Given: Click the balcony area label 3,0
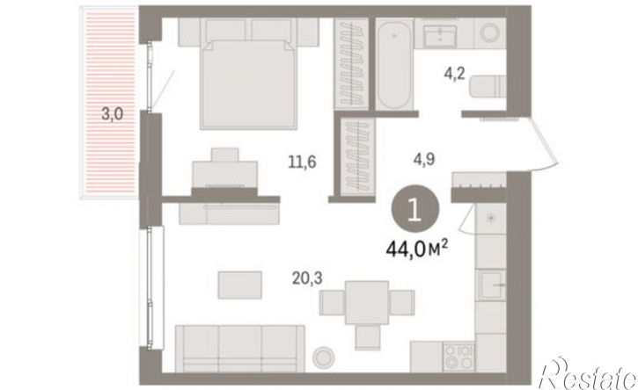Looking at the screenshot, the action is [x=112, y=114].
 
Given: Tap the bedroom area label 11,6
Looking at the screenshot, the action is [x=303, y=162].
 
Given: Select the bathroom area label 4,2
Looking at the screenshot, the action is [x=454, y=75].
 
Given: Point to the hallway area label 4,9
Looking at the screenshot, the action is [x=424, y=159].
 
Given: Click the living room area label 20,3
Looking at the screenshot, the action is [x=307, y=278].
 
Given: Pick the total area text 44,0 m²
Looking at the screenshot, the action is [x=417, y=249].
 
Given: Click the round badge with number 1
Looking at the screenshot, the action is [x=415, y=209].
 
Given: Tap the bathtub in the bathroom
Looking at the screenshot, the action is [x=394, y=65].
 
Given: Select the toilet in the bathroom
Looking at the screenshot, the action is [x=488, y=87].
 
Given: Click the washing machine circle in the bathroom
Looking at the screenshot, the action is [x=492, y=32].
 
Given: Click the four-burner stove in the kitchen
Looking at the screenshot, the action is [x=459, y=357].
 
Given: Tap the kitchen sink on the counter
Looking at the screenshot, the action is [x=492, y=285].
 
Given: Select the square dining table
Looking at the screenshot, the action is [x=367, y=303].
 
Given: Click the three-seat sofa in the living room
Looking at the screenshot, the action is [x=240, y=349].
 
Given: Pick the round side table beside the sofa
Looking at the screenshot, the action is [x=324, y=357].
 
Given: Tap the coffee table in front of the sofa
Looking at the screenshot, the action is [x=239, y=285].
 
